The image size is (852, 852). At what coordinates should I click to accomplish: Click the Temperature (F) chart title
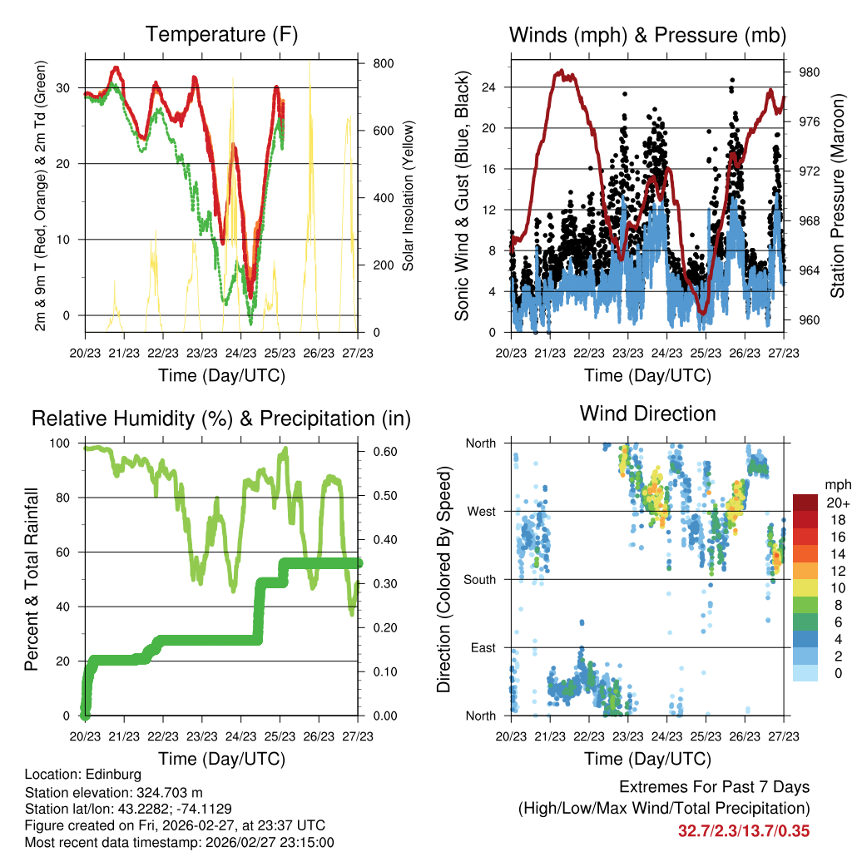(221, 34)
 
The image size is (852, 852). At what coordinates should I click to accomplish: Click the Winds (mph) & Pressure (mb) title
(647, 35)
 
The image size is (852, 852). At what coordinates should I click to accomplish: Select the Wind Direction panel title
(647, 413)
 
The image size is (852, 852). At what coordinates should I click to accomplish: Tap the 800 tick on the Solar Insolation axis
(384, 63)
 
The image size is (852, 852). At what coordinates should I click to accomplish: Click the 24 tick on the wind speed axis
(489, 87)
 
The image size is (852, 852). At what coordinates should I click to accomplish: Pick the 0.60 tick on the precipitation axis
(384, 452)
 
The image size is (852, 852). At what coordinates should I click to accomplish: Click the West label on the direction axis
(481, 511)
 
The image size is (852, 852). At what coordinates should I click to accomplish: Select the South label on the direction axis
(479, 579)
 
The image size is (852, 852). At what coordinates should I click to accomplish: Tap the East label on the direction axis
(482, 647)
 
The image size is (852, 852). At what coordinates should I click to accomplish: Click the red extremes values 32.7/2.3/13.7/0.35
(744, 830)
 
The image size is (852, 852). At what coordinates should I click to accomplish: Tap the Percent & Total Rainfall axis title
(32, 579)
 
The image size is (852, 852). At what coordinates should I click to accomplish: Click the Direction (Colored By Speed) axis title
(443, 579)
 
